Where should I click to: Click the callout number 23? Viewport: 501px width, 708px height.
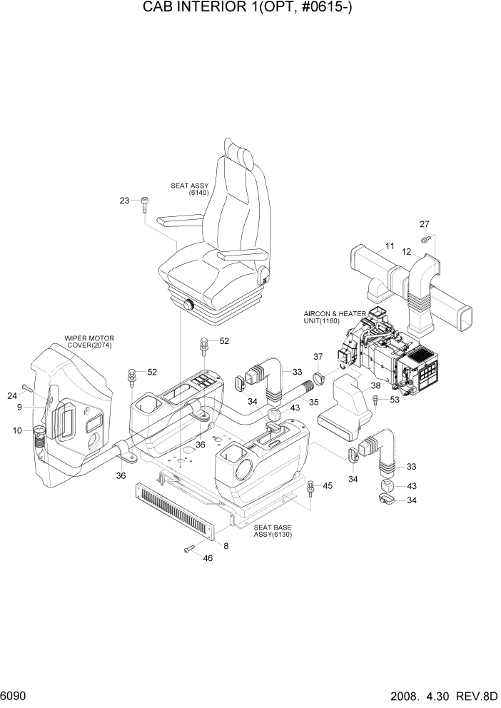(124, 201)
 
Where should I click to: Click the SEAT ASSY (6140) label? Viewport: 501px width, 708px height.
(189, 189)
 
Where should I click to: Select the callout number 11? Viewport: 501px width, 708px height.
(390, 247)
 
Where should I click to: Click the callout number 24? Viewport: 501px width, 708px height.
(12, 396)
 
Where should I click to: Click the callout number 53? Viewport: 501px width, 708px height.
(395, 400)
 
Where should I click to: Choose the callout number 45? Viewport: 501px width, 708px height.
(328, 486)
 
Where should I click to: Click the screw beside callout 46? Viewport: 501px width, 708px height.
(189, 548)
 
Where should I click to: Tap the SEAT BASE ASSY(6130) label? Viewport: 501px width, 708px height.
(273, 532)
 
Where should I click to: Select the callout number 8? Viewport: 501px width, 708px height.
(226, 546)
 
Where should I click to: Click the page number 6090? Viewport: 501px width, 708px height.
(15, 694)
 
